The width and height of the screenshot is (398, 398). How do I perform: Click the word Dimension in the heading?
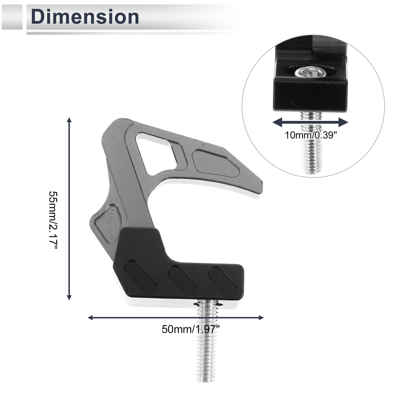point(85,17)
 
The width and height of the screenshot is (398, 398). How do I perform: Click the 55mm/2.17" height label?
point(53,220)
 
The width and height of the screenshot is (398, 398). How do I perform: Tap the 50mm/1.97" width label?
point(190,329)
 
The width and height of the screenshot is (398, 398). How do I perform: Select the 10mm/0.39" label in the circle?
point(311,135)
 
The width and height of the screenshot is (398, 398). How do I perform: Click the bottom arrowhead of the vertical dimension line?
point(69,297)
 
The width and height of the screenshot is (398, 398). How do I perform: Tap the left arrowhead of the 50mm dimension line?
point(90,318)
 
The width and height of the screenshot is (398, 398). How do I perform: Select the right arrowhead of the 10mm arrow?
point(344,122)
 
